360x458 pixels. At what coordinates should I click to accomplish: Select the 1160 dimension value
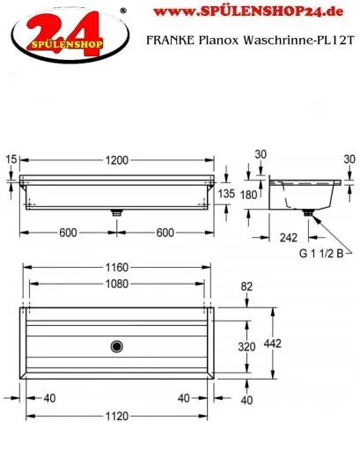coord(115,266)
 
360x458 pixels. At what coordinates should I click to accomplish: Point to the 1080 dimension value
coord(115,284)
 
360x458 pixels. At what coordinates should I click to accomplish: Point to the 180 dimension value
coord(248,195)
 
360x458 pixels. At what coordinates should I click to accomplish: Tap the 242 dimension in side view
coord(288,237)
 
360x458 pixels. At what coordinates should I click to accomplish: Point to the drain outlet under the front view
coord(115,212)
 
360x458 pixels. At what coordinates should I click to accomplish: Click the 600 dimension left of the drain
coord(66,233)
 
